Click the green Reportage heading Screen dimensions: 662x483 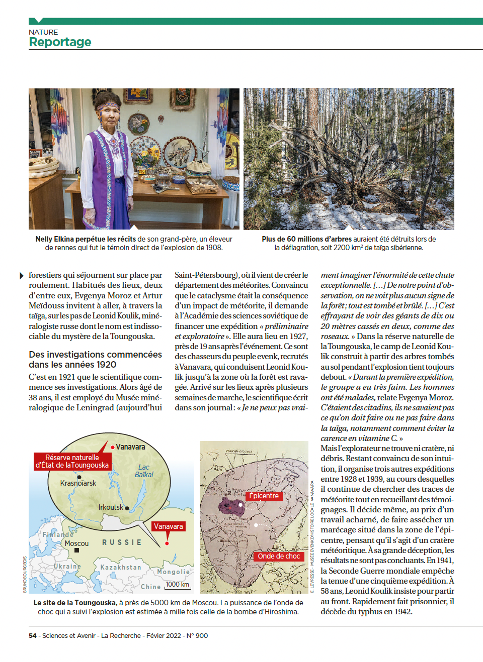[60, 42]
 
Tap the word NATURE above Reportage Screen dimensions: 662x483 [43, 32]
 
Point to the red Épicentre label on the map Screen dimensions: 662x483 [264, 496]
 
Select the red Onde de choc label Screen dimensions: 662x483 [279, 556]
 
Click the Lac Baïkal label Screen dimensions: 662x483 [144, 471]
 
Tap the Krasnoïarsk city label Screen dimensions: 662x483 [78, 483]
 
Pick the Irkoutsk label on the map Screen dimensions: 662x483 [111, 507]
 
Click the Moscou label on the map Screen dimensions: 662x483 [76, 543]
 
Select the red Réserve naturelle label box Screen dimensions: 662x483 [72, 461]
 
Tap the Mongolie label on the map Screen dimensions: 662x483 [174, 572]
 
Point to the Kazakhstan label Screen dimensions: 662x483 [121, 567]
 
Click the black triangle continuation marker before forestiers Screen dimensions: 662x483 [22, 276]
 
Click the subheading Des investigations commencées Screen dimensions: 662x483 [95, 355]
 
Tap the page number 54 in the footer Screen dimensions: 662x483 [33, 635]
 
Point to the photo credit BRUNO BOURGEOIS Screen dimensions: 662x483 [25, 574]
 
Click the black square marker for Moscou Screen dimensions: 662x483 [76, 550]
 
